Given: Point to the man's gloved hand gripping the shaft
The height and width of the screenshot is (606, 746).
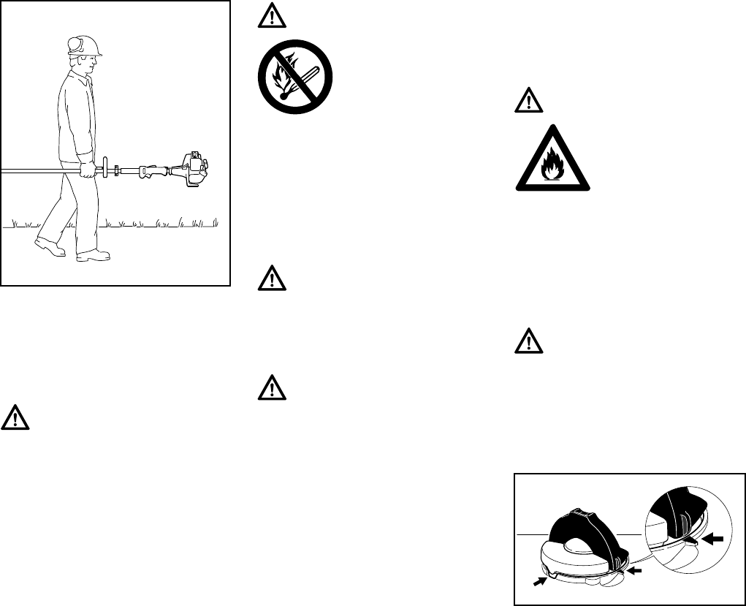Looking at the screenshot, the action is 88,171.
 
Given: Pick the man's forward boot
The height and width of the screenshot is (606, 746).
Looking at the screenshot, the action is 93,255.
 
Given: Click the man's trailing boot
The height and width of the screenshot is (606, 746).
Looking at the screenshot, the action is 50,247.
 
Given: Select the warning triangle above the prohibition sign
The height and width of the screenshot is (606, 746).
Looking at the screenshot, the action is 269,19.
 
